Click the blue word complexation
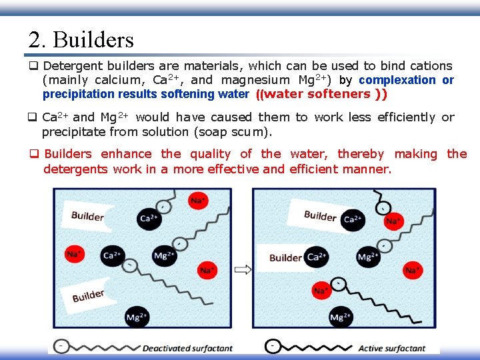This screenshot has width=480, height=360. pos(397,80)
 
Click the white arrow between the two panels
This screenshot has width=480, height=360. pos(243,270)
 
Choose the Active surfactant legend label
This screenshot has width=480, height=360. pos(391,348)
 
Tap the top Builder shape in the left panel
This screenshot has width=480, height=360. pos(87,215)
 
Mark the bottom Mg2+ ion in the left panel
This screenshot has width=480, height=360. pos(137,317)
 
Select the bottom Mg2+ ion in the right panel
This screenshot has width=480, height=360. pos(340,317)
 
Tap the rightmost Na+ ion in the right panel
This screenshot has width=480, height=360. pos(413,270)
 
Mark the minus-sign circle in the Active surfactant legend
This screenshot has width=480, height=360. pos(273,347)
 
